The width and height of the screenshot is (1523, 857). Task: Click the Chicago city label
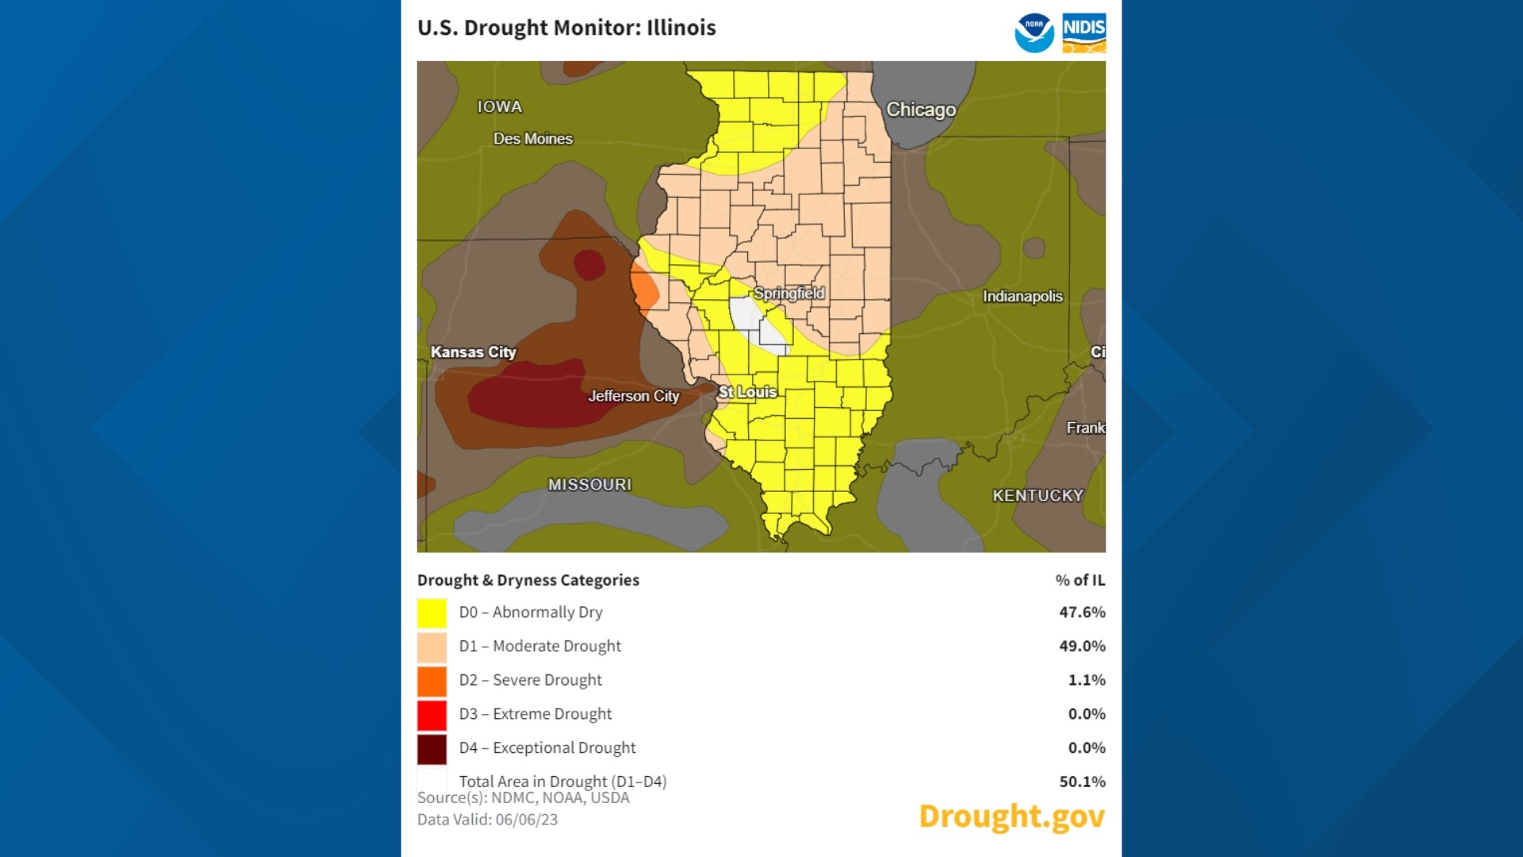tap(920, 110)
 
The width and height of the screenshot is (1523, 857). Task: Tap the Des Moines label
tap(532, 139)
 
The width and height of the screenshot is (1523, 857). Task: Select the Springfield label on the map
tap(788, 293)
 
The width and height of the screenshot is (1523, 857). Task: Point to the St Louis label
tap(746, 392)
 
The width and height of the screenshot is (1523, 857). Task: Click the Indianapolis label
tap(1022, 296)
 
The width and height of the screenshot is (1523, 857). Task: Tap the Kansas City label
tap(473, 352)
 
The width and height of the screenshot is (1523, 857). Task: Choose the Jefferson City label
tap(633, 396)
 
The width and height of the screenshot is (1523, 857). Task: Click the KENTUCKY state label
tap(1037, 495)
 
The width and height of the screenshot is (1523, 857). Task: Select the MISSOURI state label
tap(589, 484)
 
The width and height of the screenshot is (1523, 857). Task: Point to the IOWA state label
tap(499, 106)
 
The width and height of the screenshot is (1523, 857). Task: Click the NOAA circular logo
tap(1034, 33)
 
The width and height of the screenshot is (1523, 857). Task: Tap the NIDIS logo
tap(1084, 33)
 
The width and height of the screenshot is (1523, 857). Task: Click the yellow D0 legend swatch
tap(432, 613)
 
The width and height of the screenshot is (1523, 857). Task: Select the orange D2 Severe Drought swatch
tap(432, 681)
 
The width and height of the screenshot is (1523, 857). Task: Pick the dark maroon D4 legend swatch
tap(432, 748)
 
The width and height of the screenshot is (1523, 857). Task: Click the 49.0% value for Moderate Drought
tap(1081, 646)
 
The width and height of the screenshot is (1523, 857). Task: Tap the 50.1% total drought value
tap(1081, 782)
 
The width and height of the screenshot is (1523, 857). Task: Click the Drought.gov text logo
tap(1011, 816)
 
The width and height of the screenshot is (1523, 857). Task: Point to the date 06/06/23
tap(526, 820)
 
